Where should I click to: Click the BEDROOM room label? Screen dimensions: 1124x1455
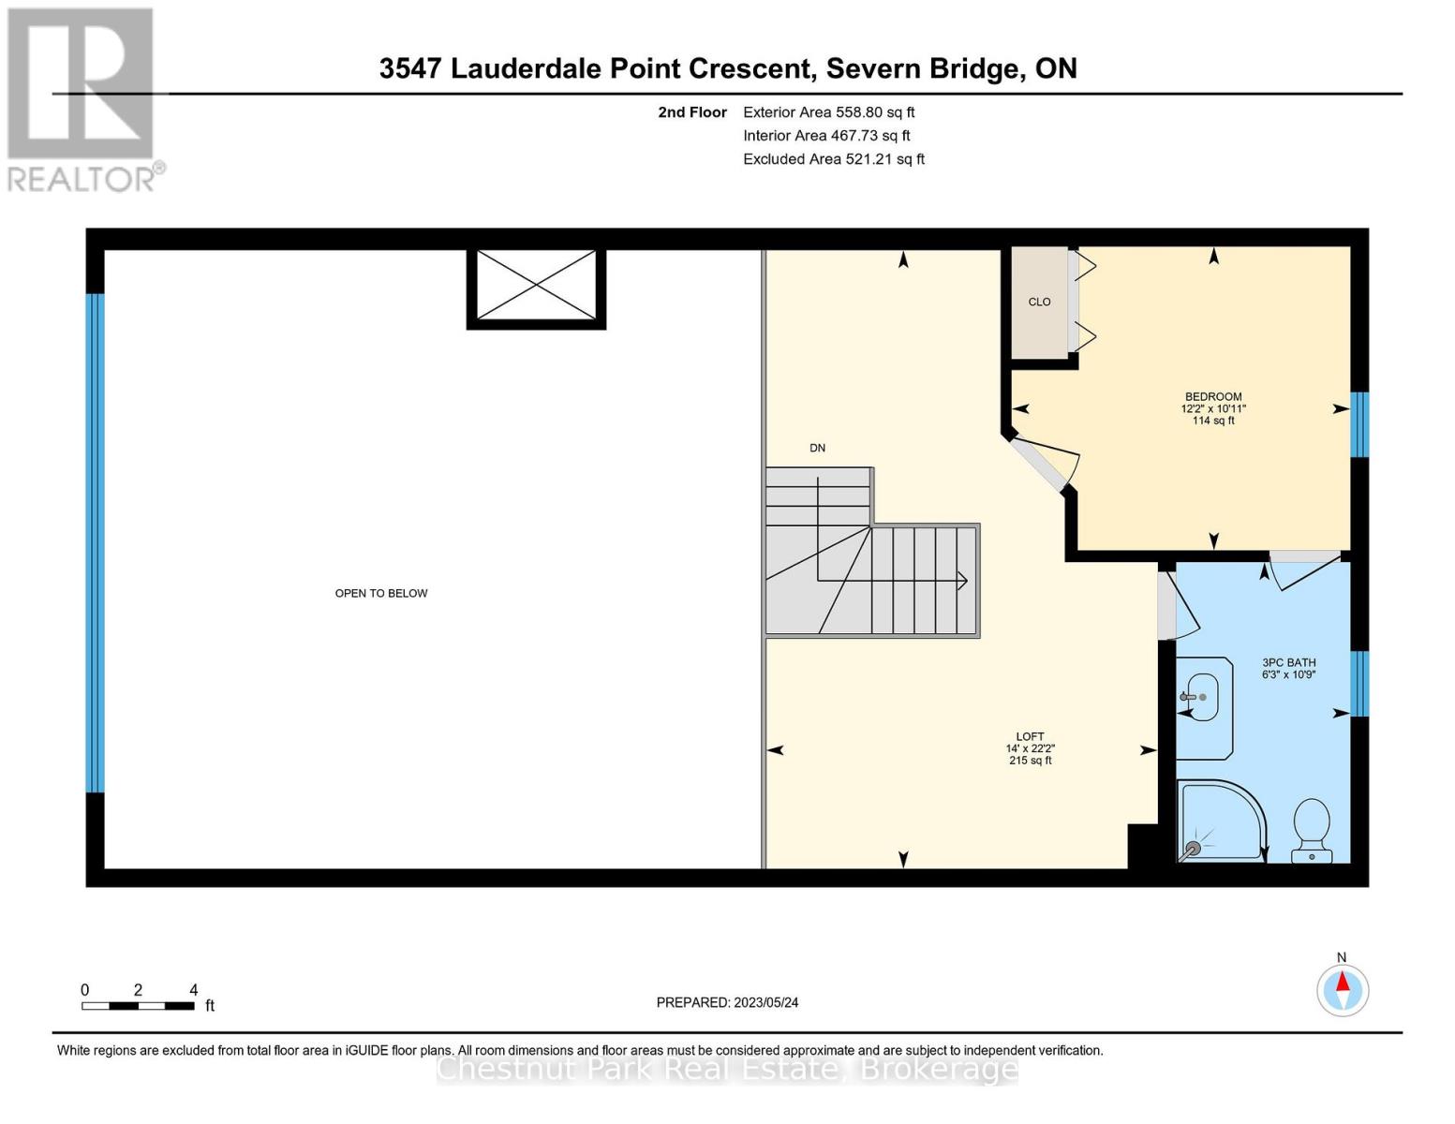click(1213, 397)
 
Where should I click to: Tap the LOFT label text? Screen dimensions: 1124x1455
click(1030, 737)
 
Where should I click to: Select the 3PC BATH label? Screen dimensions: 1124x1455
click(1288, 662)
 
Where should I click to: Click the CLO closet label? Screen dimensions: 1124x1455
click(1039, 302)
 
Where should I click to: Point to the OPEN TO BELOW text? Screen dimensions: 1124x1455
click(381, 593)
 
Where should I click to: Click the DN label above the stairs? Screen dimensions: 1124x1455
click(817, 448)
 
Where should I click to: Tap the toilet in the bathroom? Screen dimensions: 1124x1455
click(1311, 830)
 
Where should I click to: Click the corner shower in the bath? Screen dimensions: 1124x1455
click(1218, 822)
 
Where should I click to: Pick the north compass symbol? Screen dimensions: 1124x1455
click(1343, 989)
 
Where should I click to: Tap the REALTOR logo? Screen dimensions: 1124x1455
click(82, 98)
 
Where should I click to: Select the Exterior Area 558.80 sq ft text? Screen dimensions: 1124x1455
click(828, 112)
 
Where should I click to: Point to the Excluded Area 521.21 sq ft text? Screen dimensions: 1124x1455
click(833, 159)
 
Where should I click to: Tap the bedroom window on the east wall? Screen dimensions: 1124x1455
click(1359, 424)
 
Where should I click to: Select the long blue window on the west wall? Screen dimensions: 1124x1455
click(95, 543)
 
